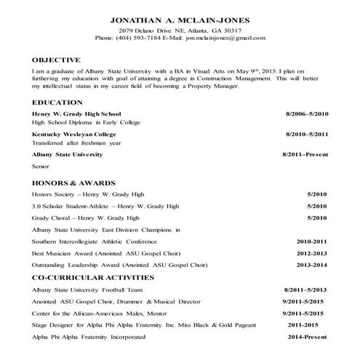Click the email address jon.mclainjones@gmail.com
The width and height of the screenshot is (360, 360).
[225, 38]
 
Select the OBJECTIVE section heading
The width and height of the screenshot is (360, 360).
[57, 59]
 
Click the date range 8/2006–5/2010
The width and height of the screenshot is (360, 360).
[308, 114]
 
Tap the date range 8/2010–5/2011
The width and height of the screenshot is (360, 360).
[308, 135]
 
